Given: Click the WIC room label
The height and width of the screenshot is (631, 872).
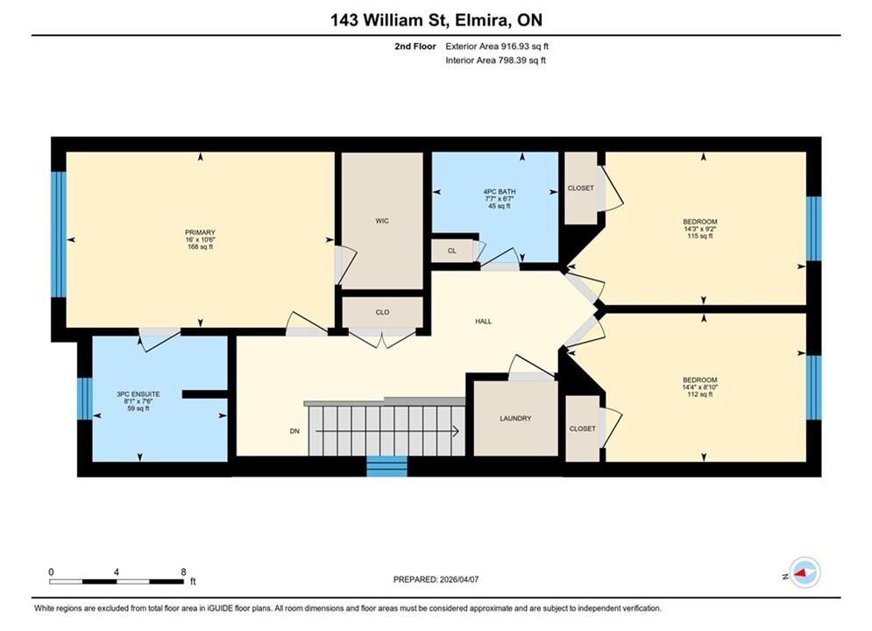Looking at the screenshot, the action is pos(382,221).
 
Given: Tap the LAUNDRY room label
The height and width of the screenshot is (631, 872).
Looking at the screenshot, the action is pos(515,418).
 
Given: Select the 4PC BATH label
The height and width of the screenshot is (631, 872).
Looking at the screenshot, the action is pos(500,191).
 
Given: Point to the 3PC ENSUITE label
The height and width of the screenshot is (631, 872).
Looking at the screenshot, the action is pos(138,394).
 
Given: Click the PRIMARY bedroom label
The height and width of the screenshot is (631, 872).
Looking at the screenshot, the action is pos(200,232).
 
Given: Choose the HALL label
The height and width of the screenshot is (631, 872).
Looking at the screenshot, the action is pos(483,322).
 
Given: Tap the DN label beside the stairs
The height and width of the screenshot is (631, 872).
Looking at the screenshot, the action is pos(294,431).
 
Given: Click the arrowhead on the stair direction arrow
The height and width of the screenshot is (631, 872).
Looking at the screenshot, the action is pos(456,431).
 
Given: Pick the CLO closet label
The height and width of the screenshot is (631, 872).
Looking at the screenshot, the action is pos(383,312).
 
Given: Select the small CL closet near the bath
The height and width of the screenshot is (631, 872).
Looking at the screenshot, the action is pos(452,251).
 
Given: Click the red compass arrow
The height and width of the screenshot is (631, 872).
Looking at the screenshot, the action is pos(801,572).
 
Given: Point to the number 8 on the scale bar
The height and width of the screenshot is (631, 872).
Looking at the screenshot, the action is pos(183,571).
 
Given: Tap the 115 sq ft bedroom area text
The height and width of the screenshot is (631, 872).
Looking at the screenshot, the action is pos(700,236).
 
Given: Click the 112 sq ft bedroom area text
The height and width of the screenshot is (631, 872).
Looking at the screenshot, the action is pos(700,394).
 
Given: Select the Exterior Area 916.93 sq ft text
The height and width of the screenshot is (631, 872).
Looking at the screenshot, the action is pos(497,46).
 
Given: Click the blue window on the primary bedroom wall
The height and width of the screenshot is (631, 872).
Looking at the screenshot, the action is pos(59,234).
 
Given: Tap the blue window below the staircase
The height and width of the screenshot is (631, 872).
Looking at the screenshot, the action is pos(387,466).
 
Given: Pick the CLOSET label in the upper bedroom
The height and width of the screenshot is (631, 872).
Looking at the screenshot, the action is pos(580,188).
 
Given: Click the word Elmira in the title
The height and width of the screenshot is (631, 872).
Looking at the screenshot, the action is pos(481,20).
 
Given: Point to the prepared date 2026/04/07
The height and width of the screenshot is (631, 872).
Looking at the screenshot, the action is pos(459,579).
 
